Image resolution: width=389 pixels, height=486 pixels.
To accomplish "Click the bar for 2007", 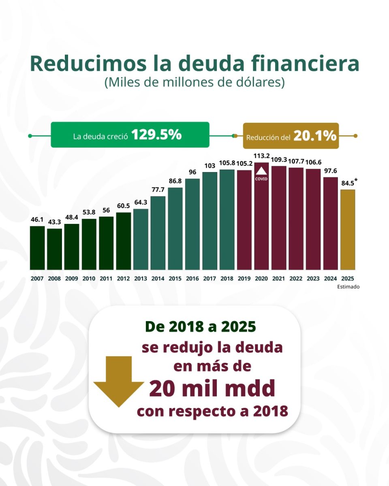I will point(37,248).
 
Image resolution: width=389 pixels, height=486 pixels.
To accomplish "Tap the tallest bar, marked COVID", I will point(262,216).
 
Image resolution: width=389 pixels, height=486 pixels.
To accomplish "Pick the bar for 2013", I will point(141,239).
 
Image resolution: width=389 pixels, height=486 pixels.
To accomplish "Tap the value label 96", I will point(192,172).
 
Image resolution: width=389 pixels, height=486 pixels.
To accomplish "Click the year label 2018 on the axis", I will point(227,279).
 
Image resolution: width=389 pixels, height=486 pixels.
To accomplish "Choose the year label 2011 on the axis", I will point(106,279).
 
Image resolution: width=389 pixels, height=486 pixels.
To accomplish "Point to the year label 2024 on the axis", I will point(331,279).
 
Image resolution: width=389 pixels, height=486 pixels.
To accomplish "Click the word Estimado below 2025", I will point(348,287).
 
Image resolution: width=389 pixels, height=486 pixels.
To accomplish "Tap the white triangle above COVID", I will point(262,171).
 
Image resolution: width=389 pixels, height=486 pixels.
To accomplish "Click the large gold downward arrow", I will point(119,381).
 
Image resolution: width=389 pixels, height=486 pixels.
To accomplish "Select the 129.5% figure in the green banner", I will point(156,135).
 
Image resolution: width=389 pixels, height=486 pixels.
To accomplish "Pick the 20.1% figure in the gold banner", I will point(315,136).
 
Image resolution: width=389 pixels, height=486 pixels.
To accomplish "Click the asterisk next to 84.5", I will point(356,180).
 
